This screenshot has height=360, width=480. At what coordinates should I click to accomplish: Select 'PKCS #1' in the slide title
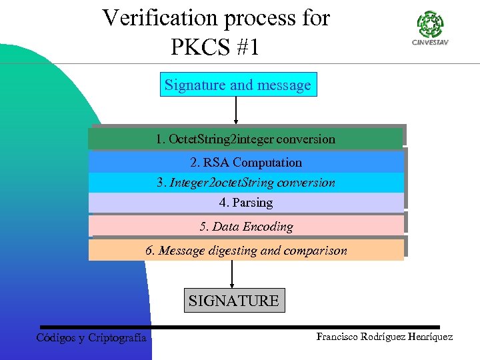click(215, 47)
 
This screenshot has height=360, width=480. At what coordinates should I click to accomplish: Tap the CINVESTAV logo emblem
click(430, 25)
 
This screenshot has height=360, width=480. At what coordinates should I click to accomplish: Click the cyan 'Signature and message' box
click(238, 85)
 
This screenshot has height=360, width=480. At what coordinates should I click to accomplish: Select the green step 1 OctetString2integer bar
click(245, 139)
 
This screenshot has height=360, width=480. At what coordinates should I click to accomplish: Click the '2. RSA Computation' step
click(245, 162)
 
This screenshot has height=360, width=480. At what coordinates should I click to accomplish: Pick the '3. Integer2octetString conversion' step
click(245, 183)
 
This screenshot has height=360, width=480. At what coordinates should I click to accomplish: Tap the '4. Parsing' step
click(245, 203)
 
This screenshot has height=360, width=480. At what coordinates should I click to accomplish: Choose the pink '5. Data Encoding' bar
click(245, 226)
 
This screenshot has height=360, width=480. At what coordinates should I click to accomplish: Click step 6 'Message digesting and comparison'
click(245, 250)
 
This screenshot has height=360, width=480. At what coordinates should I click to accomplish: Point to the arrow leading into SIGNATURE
click(232, 274)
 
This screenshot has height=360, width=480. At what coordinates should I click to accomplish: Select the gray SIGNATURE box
click(233, 301)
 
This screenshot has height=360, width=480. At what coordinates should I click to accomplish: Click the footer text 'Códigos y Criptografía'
click(91, 338)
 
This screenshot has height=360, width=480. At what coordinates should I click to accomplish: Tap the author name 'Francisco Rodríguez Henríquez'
click(385, 337)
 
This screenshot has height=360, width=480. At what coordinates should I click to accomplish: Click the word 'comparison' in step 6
click(316, 251)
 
